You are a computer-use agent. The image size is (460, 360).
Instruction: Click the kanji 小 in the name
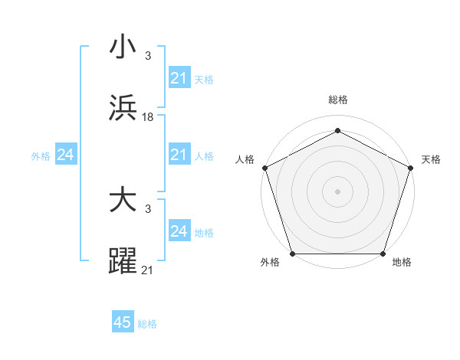click(123, 47)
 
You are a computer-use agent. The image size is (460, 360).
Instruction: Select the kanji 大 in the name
click(123, 201)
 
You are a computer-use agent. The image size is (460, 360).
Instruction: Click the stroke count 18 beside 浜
click(148, 117)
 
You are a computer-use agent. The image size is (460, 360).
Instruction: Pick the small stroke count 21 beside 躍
click(148, 270)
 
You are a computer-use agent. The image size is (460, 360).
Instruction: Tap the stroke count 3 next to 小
click(148, 56)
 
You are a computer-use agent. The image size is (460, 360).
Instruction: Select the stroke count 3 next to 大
click(148, 209)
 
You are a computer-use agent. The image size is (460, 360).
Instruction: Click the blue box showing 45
click(123, 322)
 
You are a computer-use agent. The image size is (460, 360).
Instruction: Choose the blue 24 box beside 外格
click(65, 155)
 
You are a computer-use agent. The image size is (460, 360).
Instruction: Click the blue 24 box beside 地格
click(179, 231)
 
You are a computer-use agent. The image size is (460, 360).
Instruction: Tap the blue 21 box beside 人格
click(179, 155)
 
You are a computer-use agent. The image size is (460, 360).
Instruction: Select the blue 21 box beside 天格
click(179, 78)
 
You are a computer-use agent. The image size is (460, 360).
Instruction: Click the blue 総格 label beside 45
click(147, 324)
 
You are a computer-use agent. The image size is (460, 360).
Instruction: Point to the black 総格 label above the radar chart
click(337, 100)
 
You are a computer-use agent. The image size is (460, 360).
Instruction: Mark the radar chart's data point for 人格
click(264, 167)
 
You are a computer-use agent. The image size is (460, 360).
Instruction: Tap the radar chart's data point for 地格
click(383, 254)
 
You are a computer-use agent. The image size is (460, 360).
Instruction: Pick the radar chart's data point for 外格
click(292, 254)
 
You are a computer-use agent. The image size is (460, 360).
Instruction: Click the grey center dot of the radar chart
click(337, 191)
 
